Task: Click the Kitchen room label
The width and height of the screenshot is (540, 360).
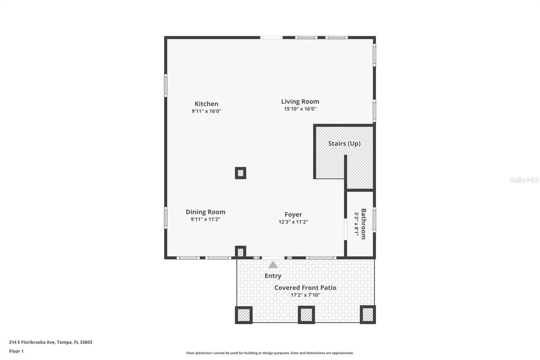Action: click(206, 104)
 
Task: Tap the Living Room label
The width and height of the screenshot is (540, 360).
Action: click(300, 101)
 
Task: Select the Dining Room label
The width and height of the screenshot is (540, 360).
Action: click(205, 212)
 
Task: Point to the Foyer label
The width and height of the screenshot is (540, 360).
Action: click(293, 214)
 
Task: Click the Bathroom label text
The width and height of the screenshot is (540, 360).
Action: click(363, 224)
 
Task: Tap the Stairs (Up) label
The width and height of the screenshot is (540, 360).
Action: click(344, 143)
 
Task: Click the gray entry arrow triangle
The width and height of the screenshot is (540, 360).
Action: click(273, 265)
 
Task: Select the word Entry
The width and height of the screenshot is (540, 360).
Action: click(273, 276)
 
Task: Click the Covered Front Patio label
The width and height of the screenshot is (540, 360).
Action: click(305, 287)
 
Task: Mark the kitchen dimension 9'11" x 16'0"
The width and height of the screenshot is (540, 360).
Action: click(206, 111)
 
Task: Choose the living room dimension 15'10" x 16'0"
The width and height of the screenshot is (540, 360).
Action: click(300, 109)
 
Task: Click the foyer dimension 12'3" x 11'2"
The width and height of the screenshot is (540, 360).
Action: click(293, 222)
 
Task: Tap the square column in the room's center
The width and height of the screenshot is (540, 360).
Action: click(240, 173)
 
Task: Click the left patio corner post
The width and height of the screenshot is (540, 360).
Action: click(244, 315)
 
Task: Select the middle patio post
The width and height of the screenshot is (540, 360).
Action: click(306, 315)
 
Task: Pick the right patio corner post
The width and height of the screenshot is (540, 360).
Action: click(367, 314)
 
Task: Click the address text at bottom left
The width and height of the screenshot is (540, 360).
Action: click(51, 342)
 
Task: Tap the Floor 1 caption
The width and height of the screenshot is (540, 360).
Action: click(16, 351)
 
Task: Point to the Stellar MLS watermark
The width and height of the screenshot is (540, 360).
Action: click(524, 180)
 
